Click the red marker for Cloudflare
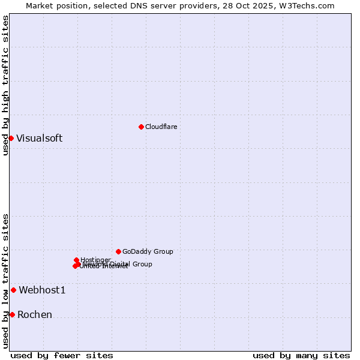tap(141, 127)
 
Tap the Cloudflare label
tap(161, 127)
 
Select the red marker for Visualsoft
tap(11, 138)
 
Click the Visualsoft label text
tap(39, 138)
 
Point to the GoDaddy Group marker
tap(118, 251)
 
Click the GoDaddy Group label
tap(148, 251)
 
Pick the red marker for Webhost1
tap(13, 290)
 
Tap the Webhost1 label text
tap(42, 290)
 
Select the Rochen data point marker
tap(12, 314)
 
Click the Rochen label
tap(35, 314)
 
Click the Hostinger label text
tap(95, 260)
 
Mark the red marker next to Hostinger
tap(76, 260)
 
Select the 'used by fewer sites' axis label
tap(62, 355)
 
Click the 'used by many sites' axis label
tap(301, 355)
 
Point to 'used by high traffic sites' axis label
tap(5, 85)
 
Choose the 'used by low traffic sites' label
tap(5, 281)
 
